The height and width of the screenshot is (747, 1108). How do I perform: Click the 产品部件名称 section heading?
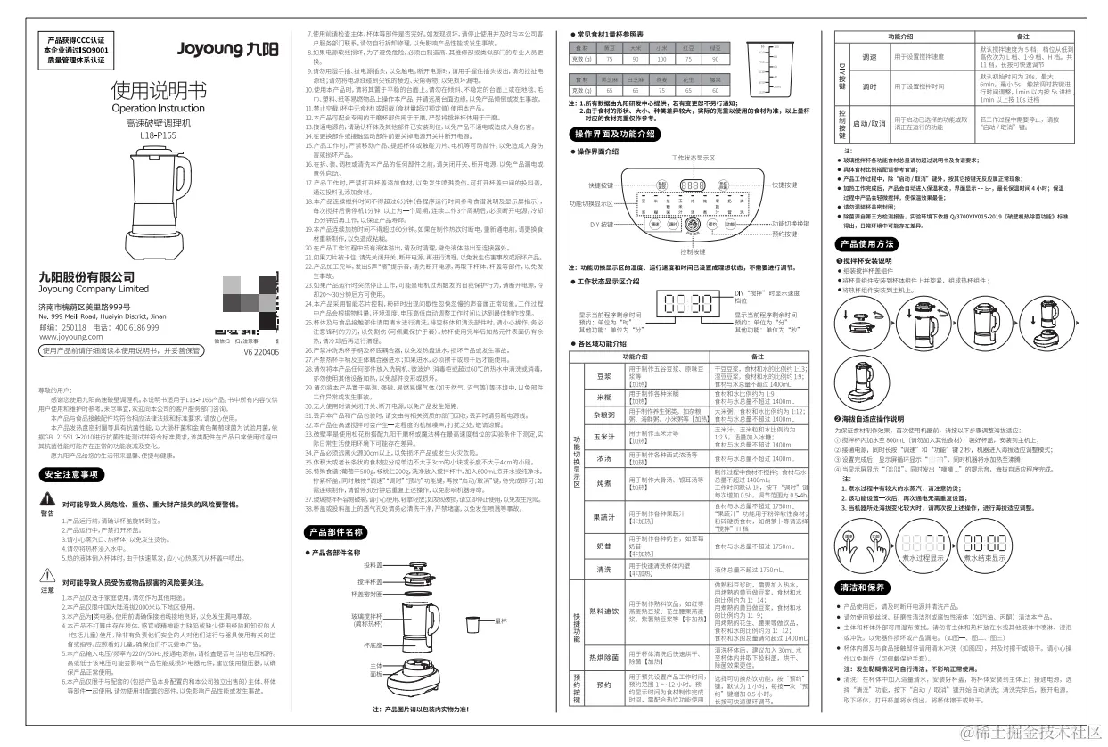point(334,532)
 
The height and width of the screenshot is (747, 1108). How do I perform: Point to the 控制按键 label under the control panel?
point(694,251)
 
